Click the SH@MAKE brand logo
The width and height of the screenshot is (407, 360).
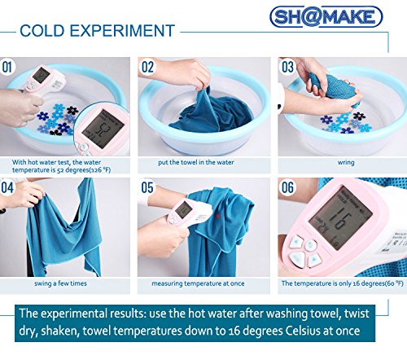pyautogui.click(x=326, y=16)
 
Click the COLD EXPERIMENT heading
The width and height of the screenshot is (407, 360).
pyautogui.click(x=97, y=31)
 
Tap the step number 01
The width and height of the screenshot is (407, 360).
pyautogui.click(x=7, y=67)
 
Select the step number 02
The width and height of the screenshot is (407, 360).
pyautogui.click(x=147, y=67)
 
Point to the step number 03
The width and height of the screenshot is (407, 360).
pyautogui.click(x=287, y=67)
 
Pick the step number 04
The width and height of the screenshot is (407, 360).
pyautogui.click(x=7, y=187)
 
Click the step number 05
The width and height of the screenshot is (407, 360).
pyautogui.click(x=147, y=187)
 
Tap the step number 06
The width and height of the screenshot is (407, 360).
pyautogui.click(x=287, y=187)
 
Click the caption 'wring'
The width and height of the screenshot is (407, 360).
pyautogui.click(x=346, y=163)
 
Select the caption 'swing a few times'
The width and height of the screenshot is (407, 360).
pyautogui.click(x=60, y=283)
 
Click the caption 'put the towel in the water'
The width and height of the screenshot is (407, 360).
pyautogui.click(x=196, y=162)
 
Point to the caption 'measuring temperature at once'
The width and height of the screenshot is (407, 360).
pyautogui.click(x=198, y=283)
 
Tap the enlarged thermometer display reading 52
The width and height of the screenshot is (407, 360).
pyautogui.click(x=103, y=129)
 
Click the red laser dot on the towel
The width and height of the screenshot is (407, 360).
pyautogui.click(x=217, y=217)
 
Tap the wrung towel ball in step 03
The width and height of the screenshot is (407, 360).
pyautogui.click(x=335, y=87)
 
